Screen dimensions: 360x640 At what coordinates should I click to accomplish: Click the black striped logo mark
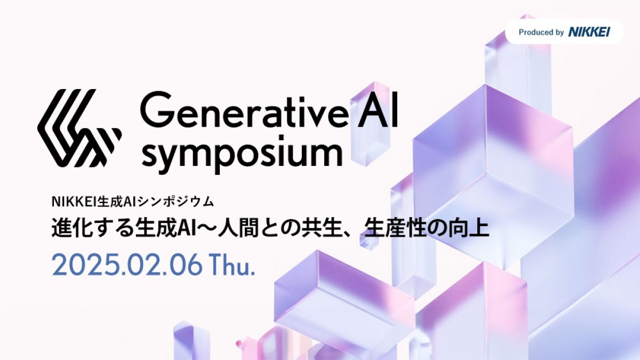[79, 127]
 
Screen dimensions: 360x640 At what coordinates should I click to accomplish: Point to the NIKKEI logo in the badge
[588, 33]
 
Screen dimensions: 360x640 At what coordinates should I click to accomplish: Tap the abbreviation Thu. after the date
[233, 265]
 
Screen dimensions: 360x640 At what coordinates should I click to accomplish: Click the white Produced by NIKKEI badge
[564, 33]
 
